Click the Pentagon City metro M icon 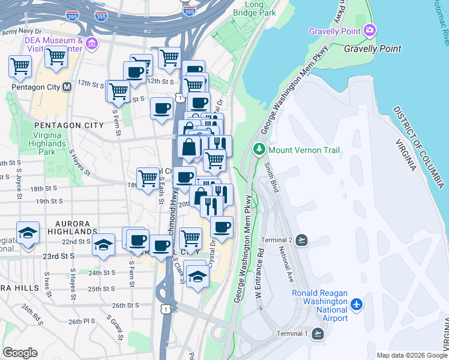pos(67,87)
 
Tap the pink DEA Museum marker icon pos(91,43)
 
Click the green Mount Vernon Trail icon pos(259,148)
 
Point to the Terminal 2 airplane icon pos(301,241)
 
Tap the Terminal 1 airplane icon pos(318,334)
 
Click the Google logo pos(20,353)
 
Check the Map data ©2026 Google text pos(411,355)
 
